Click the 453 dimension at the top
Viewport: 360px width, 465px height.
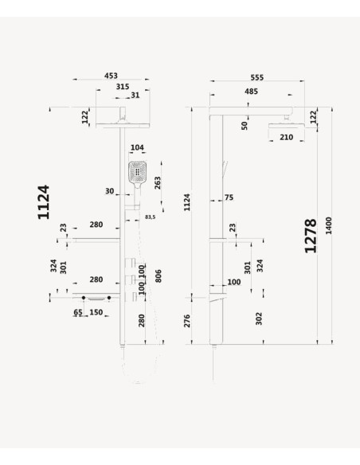coord(111,76)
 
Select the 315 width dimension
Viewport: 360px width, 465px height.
coord(123,87)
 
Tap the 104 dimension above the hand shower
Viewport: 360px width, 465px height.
coord(137,147)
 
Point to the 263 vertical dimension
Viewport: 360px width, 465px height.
coord(158,182)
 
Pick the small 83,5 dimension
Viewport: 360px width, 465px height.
coord(150,217)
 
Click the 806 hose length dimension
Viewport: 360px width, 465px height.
coord(158,275)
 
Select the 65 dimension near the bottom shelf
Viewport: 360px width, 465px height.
coord(78,312)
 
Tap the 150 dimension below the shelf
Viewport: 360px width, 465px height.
coord(96,312)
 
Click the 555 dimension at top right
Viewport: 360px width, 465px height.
coord(256,77)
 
